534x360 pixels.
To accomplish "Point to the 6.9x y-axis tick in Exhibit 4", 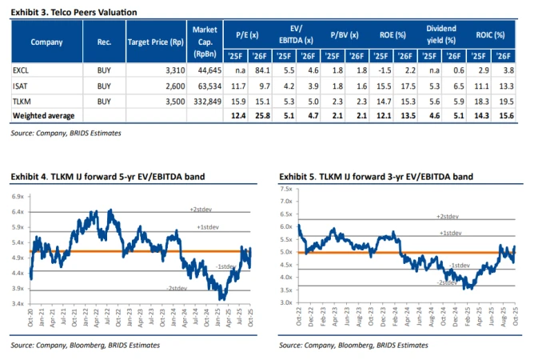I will [x=17, y=196].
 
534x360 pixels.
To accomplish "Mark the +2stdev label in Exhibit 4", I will [x=201, y=209].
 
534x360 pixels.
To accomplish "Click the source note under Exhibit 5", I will [x=353, y=345].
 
